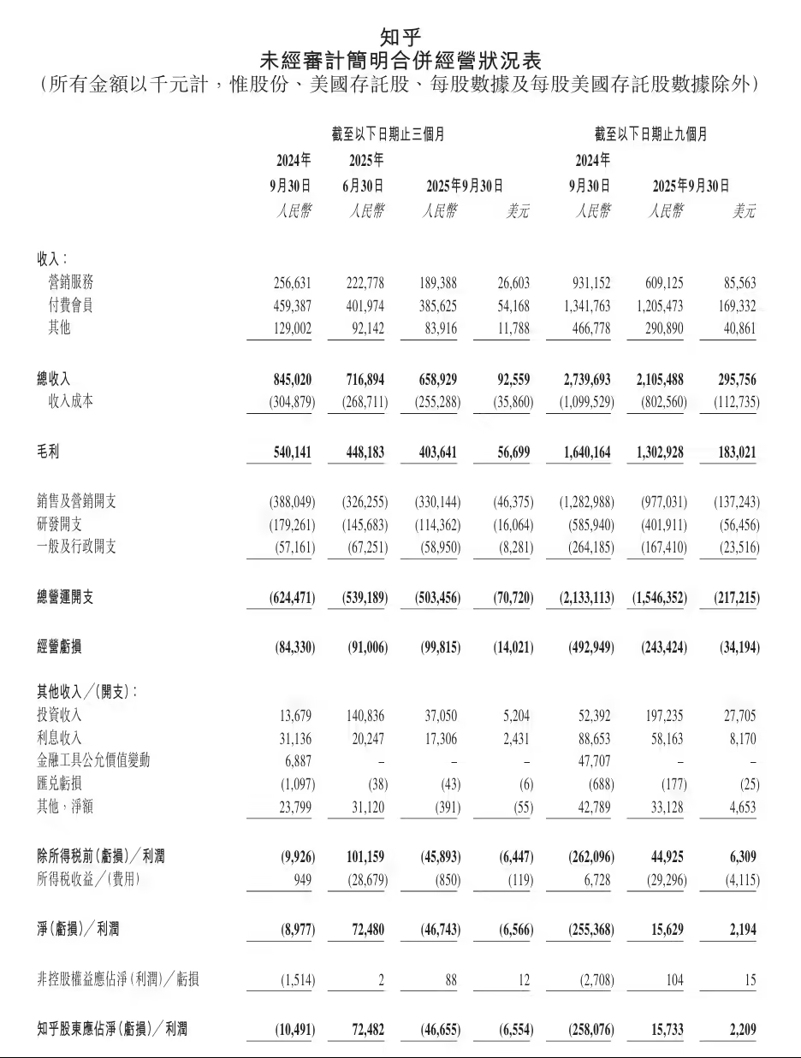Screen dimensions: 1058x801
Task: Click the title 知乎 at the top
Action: coord(400,37)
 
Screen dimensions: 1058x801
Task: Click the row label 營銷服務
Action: coord(71,283)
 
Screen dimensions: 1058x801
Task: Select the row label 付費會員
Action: coord(71,305)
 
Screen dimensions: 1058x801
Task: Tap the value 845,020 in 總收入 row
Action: coord(288,379)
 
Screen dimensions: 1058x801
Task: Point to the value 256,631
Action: coord(290,283)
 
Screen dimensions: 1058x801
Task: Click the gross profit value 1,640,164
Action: coord(587,452)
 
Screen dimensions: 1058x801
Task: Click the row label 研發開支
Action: coord(59,524)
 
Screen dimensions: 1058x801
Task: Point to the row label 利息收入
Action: coord(59,738)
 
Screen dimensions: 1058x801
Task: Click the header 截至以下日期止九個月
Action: coord(651,135)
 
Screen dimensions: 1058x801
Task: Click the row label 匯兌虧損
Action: coord(59,783)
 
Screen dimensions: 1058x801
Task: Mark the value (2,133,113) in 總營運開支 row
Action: coord(583,598)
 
